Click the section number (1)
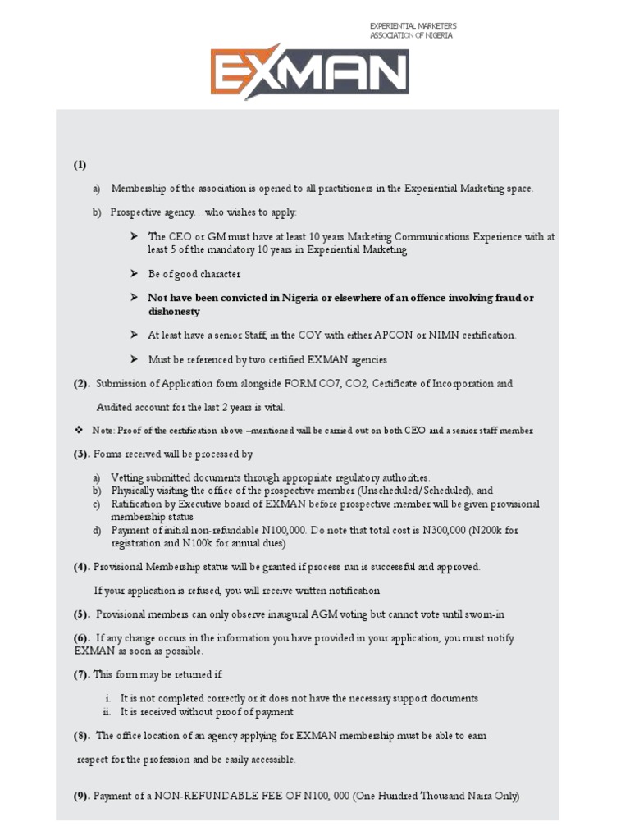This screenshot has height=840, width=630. click(80, 164)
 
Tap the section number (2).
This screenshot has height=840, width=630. click(81, 383)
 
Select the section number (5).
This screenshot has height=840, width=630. click(81, 614)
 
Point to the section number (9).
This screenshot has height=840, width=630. click(81, 796)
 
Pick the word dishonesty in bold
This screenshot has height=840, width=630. click(173, 312)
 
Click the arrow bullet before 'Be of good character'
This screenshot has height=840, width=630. click(134, 273)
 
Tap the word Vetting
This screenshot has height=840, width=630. click(128, 477)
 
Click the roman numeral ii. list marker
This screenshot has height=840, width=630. click(107, 712)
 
